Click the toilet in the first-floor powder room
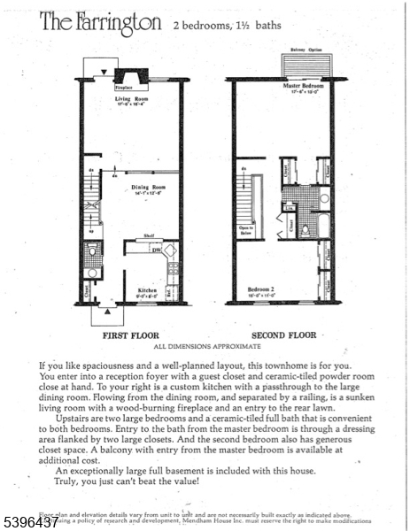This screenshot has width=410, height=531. tap(91, 251)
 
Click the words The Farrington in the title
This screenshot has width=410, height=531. tap(99, 23)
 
